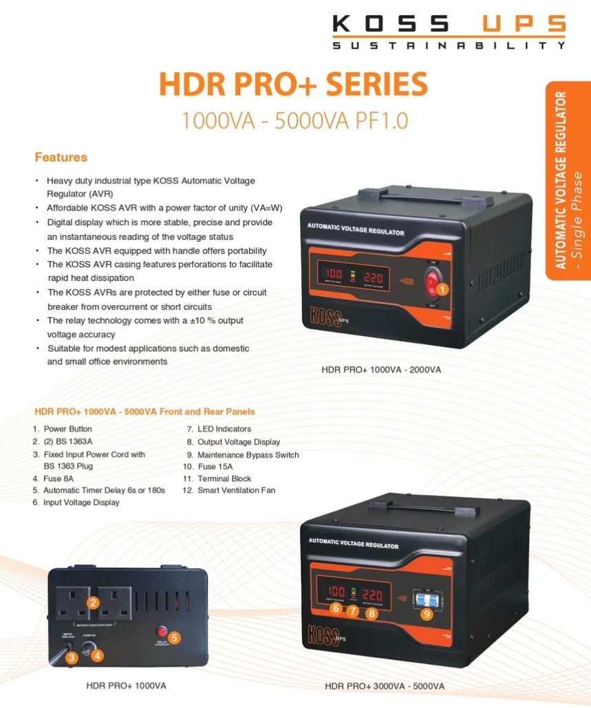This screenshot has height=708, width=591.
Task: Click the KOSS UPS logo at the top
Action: (x=449, y=32)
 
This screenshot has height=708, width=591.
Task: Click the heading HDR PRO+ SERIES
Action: (x=293, y=85)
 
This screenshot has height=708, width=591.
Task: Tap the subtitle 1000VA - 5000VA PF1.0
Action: (x=294, y=120)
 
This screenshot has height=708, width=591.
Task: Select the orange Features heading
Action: (x=61, y=157)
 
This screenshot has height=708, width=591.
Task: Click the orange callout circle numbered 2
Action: (x=93, y=603)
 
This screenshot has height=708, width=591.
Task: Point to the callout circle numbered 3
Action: (x=71, y=658)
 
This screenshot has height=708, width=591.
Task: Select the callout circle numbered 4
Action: (x=98, y=655)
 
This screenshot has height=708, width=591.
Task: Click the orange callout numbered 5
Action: (x=175, y=637)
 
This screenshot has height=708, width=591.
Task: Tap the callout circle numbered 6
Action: (x=336, y=608)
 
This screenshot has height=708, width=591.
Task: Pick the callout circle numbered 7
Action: (x=353, y=610)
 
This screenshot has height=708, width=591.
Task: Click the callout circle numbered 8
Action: (x=372, y=613)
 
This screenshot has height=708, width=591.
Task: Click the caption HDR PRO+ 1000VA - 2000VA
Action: (x=381, y=370)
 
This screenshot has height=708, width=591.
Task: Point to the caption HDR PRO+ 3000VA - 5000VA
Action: (x=385, y=686)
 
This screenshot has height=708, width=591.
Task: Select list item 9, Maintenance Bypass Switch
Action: (x=248, y=454)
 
